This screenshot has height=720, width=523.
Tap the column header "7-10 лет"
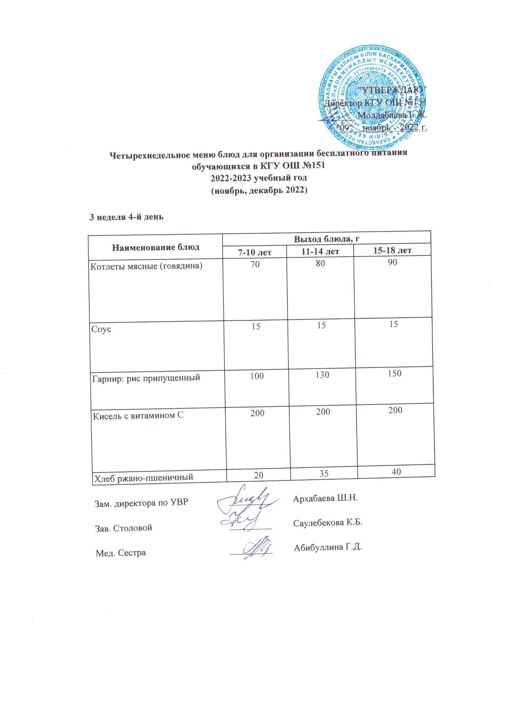(x=255, y=252)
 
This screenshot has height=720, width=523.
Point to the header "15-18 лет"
(x=392, y=250)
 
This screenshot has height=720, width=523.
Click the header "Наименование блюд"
(x=155, y=247)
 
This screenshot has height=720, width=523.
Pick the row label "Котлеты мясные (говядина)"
(x=147, y=266)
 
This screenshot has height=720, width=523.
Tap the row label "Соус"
(x=101, y=329)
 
